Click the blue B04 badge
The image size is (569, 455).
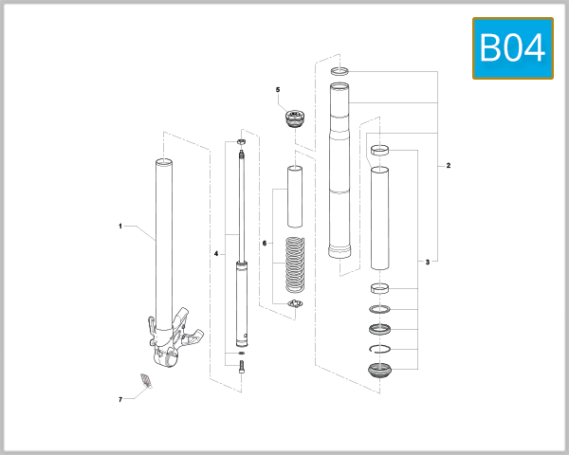(x=512, y=47)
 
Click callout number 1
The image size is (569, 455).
(x=120, y=227)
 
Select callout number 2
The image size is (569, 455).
(x=449, y=166)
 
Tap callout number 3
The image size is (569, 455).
(x=428, y=262)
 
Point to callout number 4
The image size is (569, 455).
(x=216, y=254)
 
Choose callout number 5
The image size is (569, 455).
(x=278, y=90)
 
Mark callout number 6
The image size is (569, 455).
(x=265, y=244)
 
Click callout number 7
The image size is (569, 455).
(x=120, y=400)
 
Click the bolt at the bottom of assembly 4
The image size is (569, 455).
(x=241, y=368)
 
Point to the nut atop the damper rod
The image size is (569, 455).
(x=241, y=142)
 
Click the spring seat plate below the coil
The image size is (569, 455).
(x=294, y=302)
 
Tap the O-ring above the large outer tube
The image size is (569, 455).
(x=340, y=71)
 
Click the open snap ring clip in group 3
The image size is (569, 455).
(x=381, y=348)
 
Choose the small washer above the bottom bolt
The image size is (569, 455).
(x=241, y=354)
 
